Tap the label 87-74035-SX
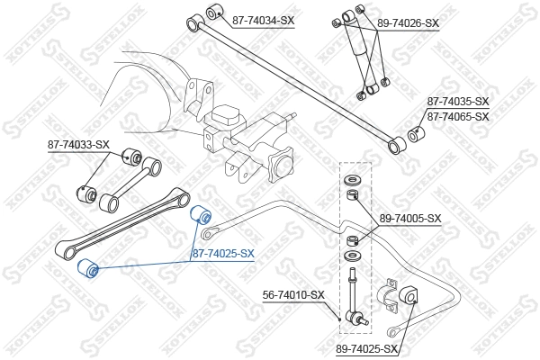pyautogui.click(x=458, y=102)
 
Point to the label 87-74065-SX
pyautogui.click(x=458, y=117)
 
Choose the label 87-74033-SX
pyautogui.click(x=78, y=144)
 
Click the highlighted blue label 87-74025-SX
pyautogui.click(x=223, y=255)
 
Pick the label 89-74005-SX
pyautogui.click(x=410, y=218)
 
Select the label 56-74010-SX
pyautogui.click(x=293, y=294)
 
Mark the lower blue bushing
pyautogui.click(x=87, y=268)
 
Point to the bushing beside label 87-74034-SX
pyautogui.click(x=215, y=12)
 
